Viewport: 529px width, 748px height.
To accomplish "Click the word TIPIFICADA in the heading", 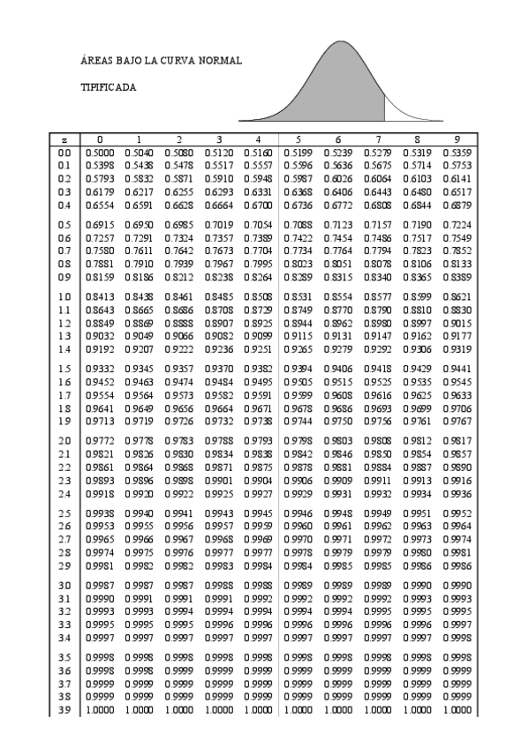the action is (x=108, y=88).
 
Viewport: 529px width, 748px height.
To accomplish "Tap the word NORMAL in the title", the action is (x=218, y=61).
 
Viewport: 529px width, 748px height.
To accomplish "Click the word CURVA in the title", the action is (x=172, y=61).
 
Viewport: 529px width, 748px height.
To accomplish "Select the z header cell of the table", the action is (x=64, y=139).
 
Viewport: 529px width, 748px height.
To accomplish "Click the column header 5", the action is (x=298, y=139).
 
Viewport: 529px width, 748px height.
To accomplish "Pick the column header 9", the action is (x=457, y=139).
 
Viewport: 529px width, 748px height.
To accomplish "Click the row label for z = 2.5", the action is (x=64, y=512).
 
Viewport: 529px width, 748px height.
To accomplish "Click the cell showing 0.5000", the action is (x=99, y=153).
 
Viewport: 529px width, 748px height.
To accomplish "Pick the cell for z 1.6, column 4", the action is (x=258, y=382).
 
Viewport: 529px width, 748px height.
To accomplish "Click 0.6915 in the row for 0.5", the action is (x=99, y=225).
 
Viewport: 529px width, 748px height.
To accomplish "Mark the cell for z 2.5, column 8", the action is (x=417, y=512).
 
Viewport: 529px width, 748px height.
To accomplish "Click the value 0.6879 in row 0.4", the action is (x=457, y=206).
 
